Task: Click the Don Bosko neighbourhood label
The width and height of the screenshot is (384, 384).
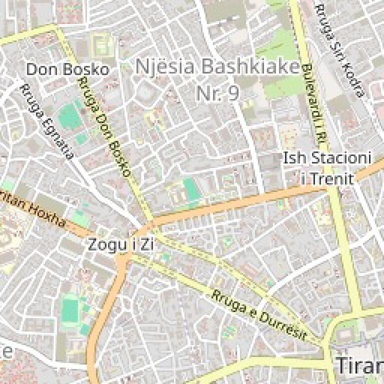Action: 67,69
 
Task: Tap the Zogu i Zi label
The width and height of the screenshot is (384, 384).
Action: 120,244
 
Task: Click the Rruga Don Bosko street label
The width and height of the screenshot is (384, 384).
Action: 105,128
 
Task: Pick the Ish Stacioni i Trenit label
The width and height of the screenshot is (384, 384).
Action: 327,168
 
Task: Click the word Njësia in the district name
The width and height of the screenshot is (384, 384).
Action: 163,66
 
